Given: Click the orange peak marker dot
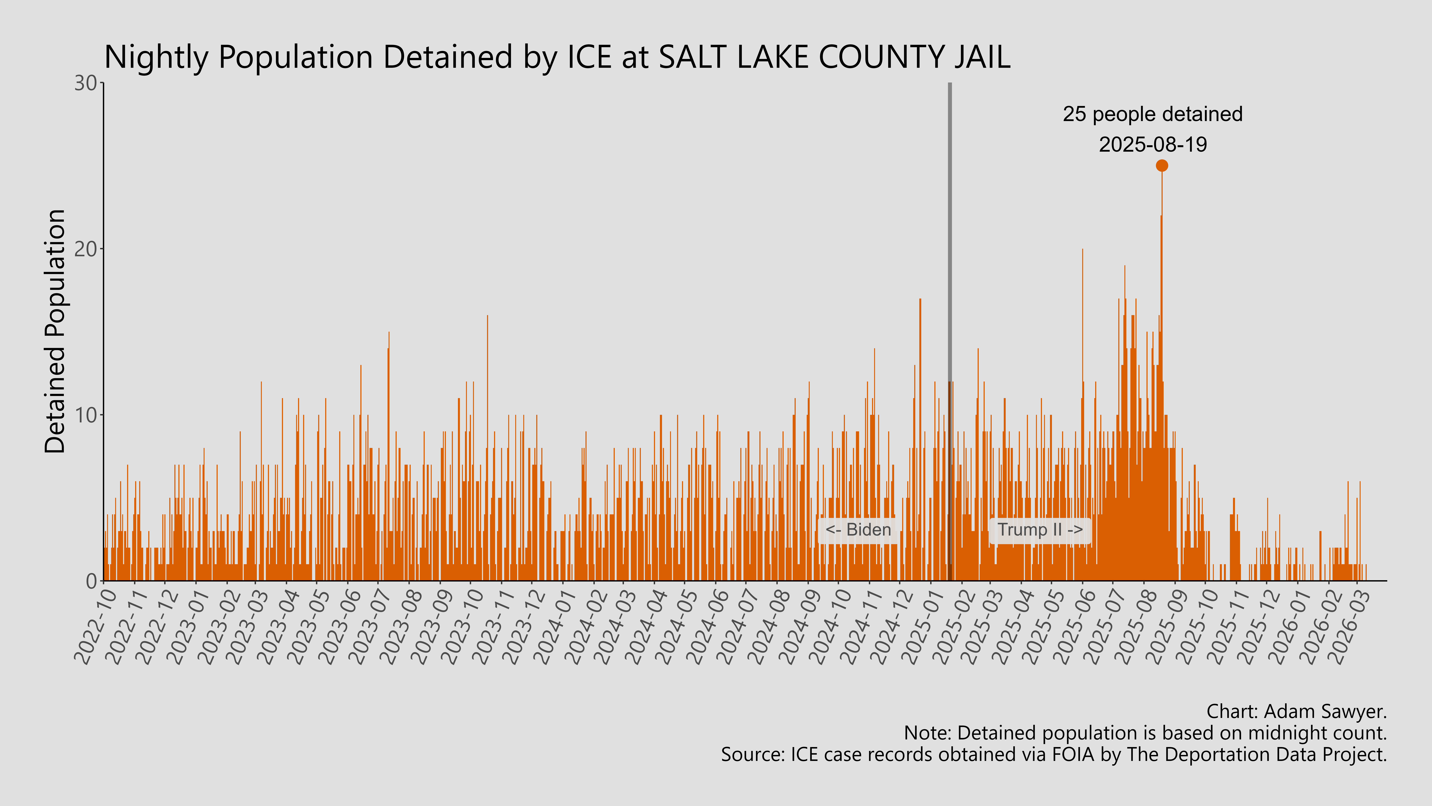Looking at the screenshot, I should pyautogui.click(x=1161, y=165).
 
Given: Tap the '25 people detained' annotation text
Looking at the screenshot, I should pyautogui.click(x=1152, y=114).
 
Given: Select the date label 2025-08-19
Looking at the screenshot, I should pyautogui.click(x=1153, y=145).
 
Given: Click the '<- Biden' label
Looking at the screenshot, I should pyautogui.click(x=858, y=530).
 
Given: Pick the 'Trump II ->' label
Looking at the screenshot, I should pyautogui.click(x=1040, y=530).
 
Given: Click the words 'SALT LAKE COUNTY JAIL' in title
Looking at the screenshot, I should pyautogui.click(x=834, y=57).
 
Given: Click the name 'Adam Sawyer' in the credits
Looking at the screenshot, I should pyautogui.click(x=1323, y=711).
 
